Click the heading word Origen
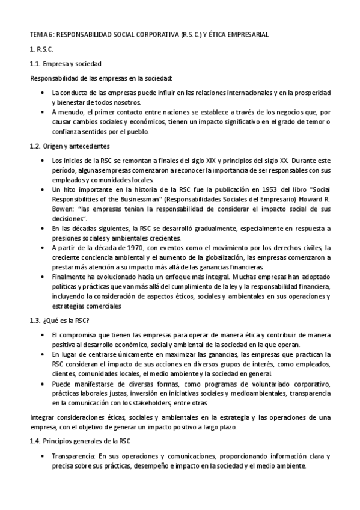53,146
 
